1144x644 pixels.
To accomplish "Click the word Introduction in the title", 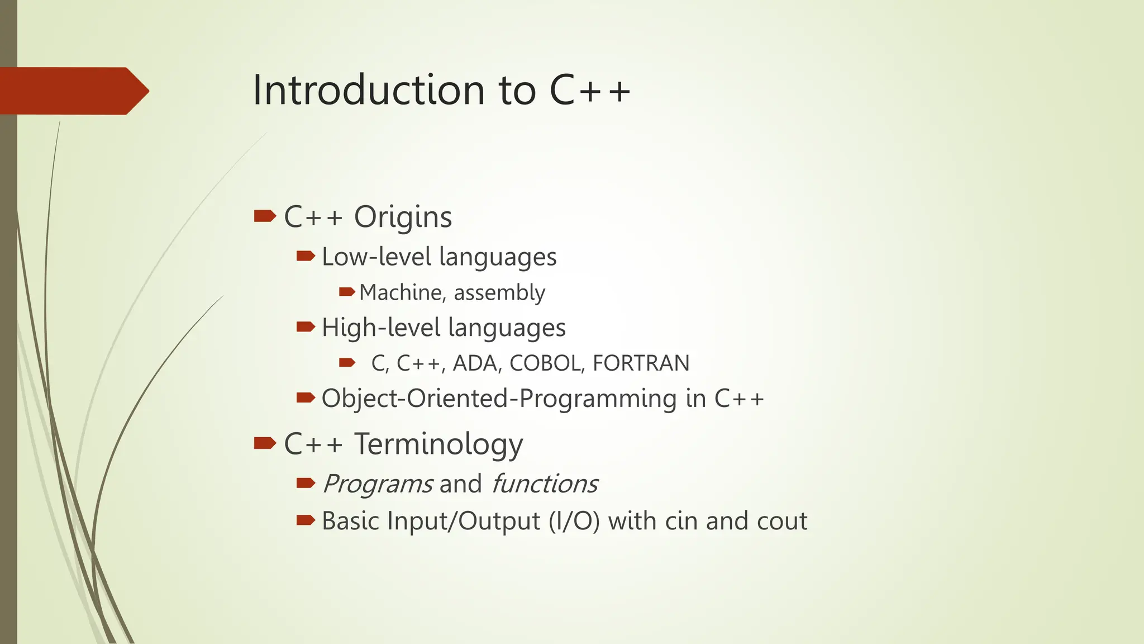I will click(369, 91).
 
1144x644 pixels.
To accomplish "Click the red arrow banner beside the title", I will click(73, 91).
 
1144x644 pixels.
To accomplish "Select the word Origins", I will click(403, 217).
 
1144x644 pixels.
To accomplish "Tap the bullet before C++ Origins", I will click(265, 216).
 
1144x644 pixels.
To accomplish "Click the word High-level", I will click(381, 328).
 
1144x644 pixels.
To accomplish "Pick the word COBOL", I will click(547, 363).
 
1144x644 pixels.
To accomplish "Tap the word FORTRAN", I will click(641, 363).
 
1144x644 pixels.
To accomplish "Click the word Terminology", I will click(439, 444).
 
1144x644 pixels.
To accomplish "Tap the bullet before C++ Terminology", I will click(265, 443).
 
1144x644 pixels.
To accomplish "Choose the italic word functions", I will click(545, 484).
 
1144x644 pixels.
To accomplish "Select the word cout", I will click(781, 521).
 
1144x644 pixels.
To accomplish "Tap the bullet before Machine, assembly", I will click(347, 292).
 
